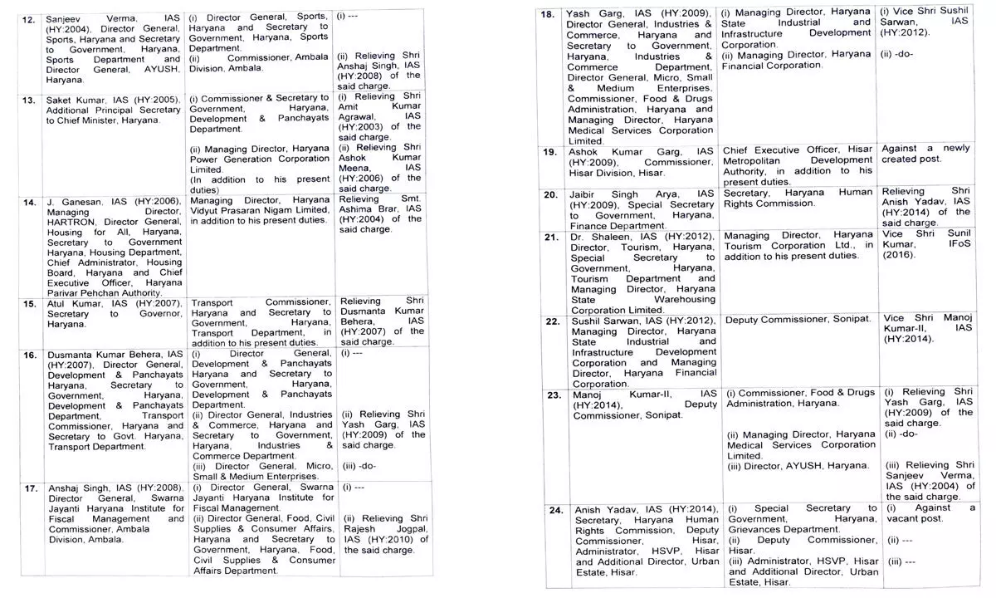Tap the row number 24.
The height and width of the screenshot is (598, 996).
click(x=549, y=508)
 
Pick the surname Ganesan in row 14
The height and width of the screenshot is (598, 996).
click(x=78, y=202)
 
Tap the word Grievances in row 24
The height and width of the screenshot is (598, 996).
click(x=769, y=529)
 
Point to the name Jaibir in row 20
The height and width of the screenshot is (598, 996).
click(x=585, y=194)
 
